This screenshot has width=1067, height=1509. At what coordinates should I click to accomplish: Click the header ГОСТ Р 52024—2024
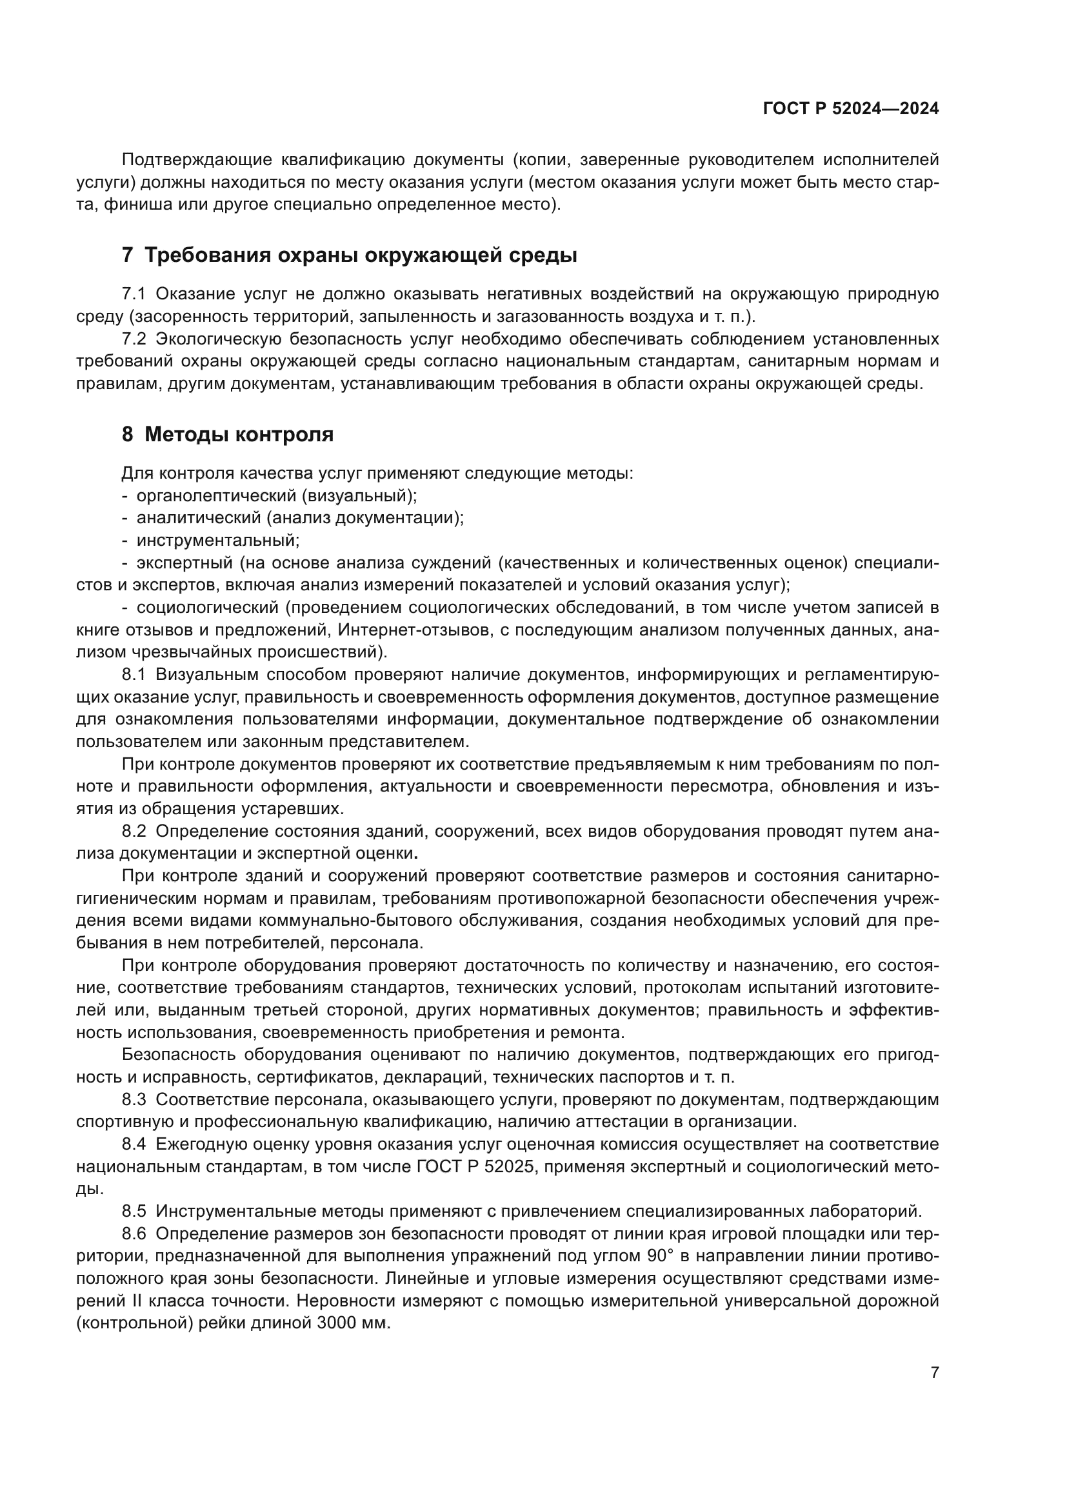(851, 109)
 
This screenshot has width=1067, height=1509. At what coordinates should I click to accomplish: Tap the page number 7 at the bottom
(935, 1372)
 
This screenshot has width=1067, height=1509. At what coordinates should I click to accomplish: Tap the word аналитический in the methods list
(199, 518)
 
